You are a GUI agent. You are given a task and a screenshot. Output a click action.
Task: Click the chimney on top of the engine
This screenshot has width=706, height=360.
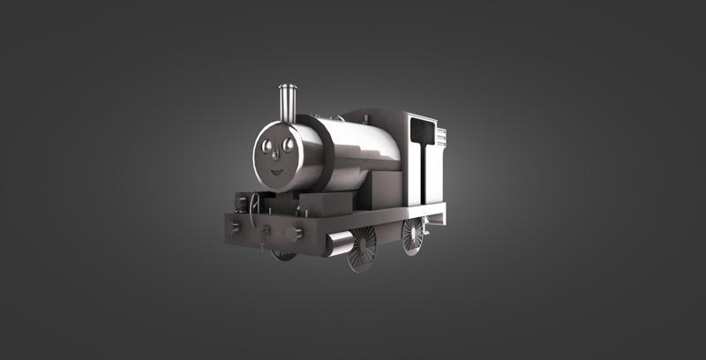[x=287, y=103]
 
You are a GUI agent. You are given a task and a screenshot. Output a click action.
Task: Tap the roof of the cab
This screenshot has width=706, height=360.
[x=379, y=115]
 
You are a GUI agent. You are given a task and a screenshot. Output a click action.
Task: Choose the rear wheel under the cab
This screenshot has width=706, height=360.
[x=412, y=236]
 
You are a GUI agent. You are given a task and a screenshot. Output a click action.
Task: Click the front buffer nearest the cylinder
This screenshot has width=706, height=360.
[x=294, y=234]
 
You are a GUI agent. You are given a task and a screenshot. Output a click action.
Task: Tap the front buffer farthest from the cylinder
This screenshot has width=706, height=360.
[x=235, y=227]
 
